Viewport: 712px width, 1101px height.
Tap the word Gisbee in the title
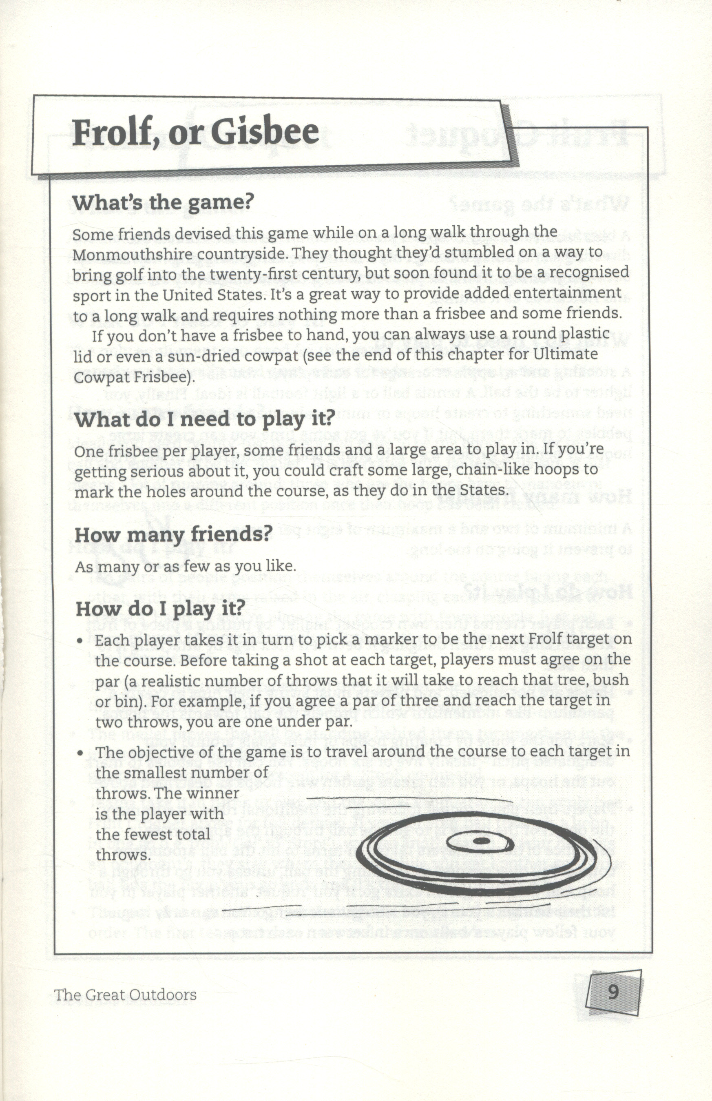tap(265, 132)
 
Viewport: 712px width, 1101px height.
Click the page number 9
tap(613, 992)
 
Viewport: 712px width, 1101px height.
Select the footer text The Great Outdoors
tap(125, 994)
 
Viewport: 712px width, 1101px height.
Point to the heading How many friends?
tap(172, 535)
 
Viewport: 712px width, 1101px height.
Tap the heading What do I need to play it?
tap(204, 420)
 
